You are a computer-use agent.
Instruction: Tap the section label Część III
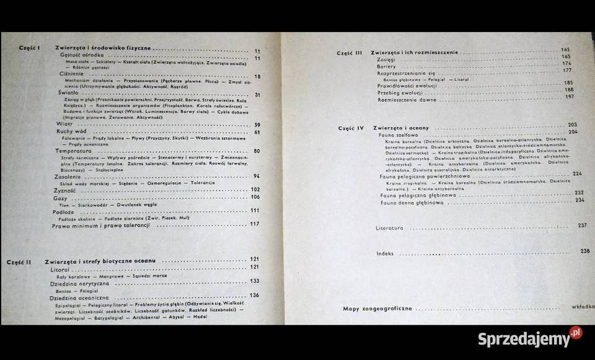tap(349, 53)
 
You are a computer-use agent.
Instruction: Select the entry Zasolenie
tap(66, 176)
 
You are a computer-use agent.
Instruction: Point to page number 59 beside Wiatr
tap(257, 125)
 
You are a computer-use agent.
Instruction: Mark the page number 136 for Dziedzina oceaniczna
tap(254, 295)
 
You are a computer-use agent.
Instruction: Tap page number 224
tap(577, 173)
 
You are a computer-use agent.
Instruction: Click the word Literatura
tap(389, 227)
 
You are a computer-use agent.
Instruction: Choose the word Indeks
tap(385, 253)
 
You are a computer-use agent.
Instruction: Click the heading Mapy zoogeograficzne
tap(377, 308)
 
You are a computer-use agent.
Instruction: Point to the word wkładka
tap(581, 307)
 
